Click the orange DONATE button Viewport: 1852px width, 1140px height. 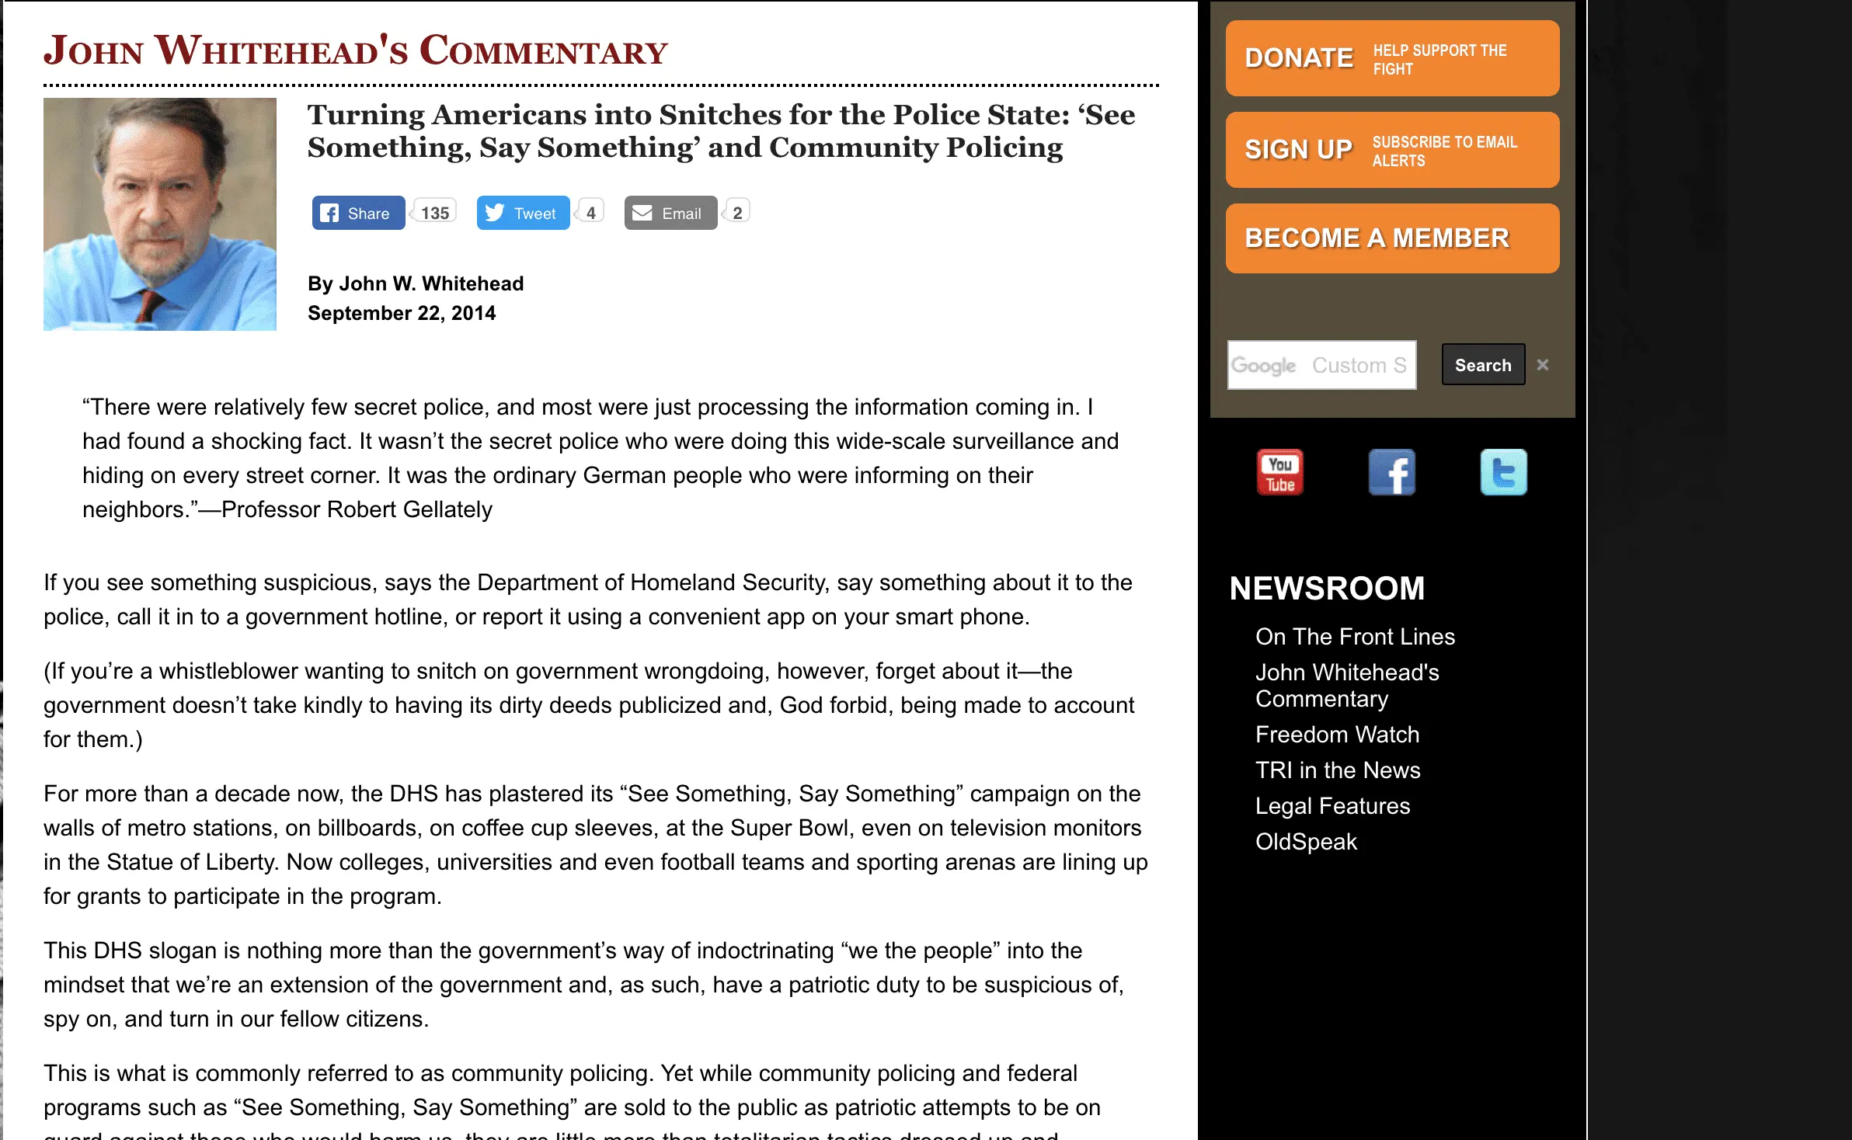pos(1391,58)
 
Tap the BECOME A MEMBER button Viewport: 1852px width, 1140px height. pos(1391,238)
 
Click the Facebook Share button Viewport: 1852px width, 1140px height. pos(358,213)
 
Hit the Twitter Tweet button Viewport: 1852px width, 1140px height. pos(523,213)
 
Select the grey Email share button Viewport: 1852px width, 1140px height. pos(670,213)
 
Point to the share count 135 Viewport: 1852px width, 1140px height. pos(435,213)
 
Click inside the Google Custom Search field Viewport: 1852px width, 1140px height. pos(1321,365)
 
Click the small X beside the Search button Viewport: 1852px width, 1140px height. pos(1543,364)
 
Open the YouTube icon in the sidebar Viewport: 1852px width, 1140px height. pos(1280,472)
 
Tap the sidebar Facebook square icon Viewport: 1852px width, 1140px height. pos(1391,472)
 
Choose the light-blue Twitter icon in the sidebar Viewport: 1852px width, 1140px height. pos(1503,472)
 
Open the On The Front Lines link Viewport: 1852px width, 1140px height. pos(1355,637)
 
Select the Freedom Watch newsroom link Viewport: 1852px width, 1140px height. pos(1337,735)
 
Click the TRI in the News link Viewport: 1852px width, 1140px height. pos(1338,770)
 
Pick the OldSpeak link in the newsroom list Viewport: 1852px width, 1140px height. pos(1306,842)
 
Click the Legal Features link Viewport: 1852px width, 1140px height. pos(1332,806)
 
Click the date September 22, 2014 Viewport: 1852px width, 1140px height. pos(402,313)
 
